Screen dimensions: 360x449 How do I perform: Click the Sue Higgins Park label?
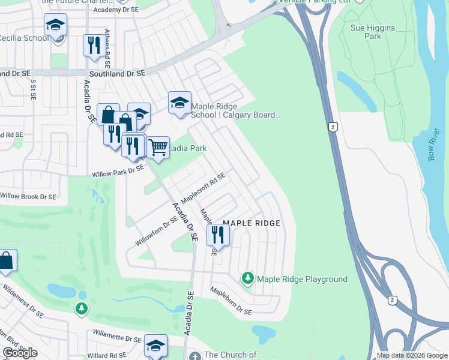(x=364, y=31)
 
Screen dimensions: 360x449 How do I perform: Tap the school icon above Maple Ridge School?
(x=179, y=102)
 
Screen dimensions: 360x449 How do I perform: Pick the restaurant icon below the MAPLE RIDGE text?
(x=218, y=235)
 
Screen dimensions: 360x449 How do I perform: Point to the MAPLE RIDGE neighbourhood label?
(x=252, y=223)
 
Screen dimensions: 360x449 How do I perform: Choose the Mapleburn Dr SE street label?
(x=230, y=301)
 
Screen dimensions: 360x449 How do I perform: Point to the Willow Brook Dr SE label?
(x=28, y=196)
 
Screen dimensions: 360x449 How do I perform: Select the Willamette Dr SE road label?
(x=116, y=336)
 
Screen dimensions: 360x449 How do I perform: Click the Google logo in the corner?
(x=20, y=353)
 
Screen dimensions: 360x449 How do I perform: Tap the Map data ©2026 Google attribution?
(x=411, y=355)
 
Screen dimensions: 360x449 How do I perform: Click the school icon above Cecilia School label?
(x=55, y=25)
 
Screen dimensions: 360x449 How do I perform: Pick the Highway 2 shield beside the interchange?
(x=393, y=300)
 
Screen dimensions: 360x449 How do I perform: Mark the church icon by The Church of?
(x=194, y=356)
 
